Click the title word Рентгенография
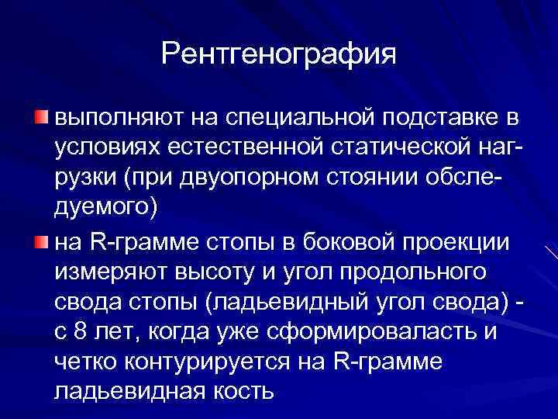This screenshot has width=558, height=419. coord(279,54)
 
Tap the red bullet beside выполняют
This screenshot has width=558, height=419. coord(40,116)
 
